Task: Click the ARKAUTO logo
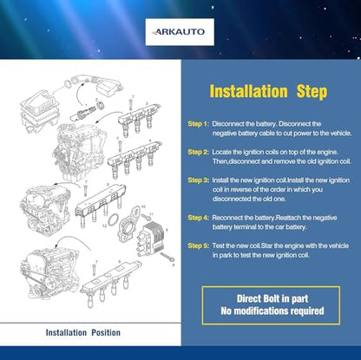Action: [x=180, y=32]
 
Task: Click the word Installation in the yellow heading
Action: [x=248, y=91]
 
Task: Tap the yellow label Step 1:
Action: [x=198, y=124]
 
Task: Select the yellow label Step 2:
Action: [x=198, y=152]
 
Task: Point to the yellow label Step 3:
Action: [x=198, y=180]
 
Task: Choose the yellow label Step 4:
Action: [x=198, y=218]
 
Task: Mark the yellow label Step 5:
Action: [x=198, y=245]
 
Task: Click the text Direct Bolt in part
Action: [x=272, y=298]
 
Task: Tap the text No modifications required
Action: [x=272, y=311]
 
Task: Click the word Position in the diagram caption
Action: [x=106, y=332]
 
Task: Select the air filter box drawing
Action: [x=40, y=110]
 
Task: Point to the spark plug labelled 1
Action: [x=82, y=114]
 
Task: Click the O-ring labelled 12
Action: [x=113, y=220]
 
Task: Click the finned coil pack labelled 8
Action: [x=151, y=239]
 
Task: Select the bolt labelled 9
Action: [x=167, y=257]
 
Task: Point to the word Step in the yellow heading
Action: [x=312, y=92]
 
